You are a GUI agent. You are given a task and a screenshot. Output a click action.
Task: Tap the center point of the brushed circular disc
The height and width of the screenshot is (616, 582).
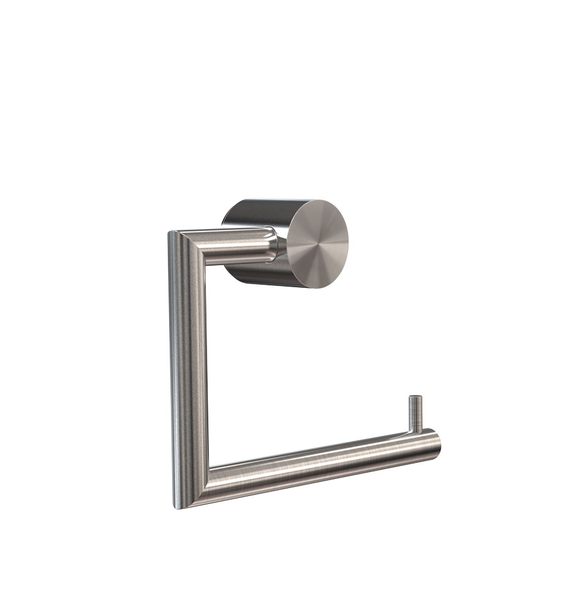click(x=317, y=244)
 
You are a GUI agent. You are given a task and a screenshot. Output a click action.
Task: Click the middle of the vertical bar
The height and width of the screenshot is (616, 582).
click(x=189, y=367)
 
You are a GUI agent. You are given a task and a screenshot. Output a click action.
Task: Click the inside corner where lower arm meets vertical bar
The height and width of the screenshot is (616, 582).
click(x=210, y=468)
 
